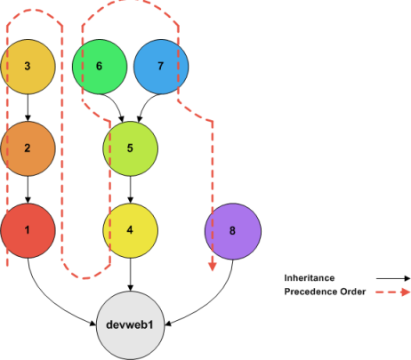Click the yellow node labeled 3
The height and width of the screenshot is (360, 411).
[28, 67]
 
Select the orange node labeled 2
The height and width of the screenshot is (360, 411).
[28, 148]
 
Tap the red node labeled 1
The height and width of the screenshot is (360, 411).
[28, 229]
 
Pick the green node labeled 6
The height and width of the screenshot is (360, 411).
[99, 67]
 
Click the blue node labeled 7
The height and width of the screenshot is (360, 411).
[161, 67]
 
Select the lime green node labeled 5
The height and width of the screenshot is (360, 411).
[131, 148]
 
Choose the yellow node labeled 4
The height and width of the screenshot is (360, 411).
[131, 229]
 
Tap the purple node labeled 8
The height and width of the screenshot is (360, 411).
[233, 229]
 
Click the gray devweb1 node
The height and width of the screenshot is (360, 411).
[131, 324]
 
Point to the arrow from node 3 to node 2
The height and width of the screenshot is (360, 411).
[28, 107]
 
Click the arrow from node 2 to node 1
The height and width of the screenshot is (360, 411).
[28, 188]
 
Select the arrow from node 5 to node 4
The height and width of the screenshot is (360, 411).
[131, 188]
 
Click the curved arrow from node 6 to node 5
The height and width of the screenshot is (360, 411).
[116, 108]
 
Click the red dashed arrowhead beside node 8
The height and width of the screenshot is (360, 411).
[213, 265]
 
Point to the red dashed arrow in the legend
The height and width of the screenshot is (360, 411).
[391, 291]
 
